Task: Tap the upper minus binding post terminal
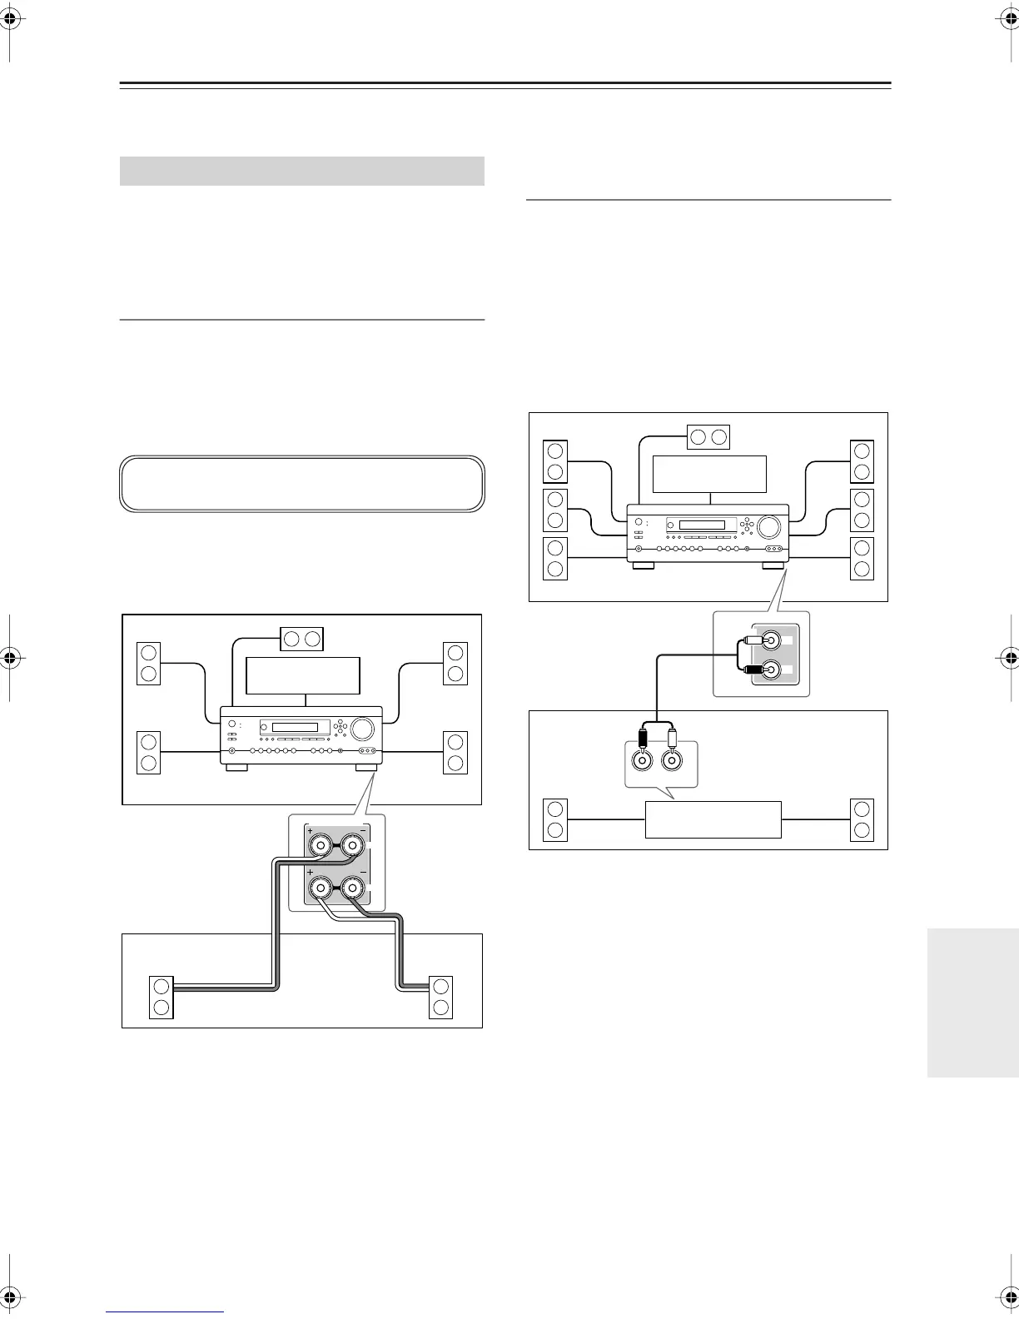tap(353, 847)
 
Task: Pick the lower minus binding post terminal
tap(353, 890)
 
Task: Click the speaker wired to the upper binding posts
tap(161, 996)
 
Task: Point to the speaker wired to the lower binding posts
tap(440, 996)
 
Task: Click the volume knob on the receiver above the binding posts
tap(362, 729)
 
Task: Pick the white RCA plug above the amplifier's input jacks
tap(672, 737)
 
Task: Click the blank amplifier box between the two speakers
tap(713, 820)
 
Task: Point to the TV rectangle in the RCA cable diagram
tap(709, 474)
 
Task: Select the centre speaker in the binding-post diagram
tap(301, 638)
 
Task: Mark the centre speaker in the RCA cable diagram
tap(708, 436)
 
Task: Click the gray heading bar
tap(302, 171)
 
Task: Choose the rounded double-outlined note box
tap(302, 483)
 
